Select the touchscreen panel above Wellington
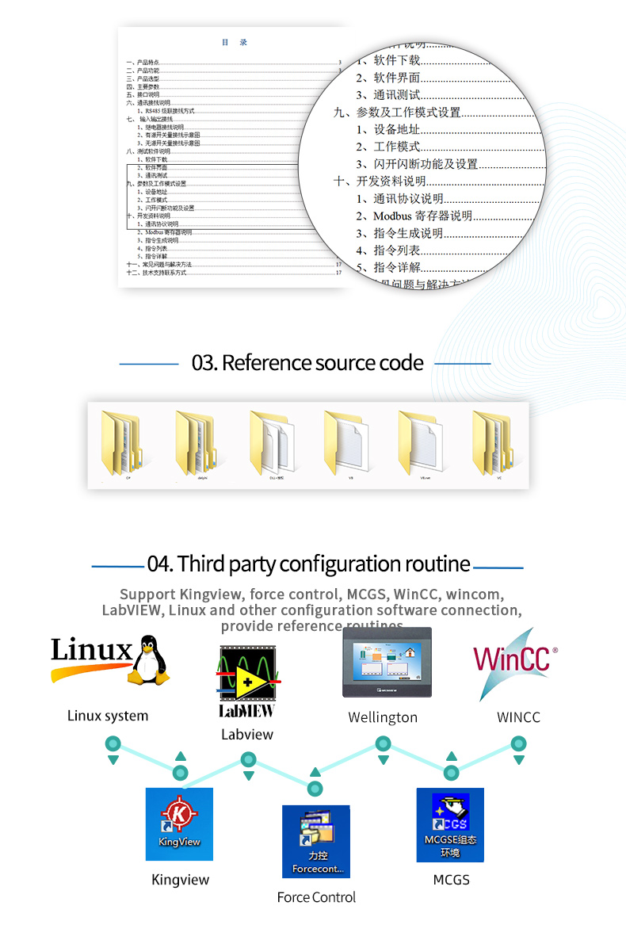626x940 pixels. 387,663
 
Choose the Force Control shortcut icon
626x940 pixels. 315,841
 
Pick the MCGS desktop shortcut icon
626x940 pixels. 450,824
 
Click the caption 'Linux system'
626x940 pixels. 108,716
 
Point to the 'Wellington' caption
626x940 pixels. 383,717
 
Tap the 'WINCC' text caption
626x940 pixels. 518,717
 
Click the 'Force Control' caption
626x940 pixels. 316,897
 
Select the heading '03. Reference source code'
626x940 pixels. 307,363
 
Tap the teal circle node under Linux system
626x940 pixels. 113,744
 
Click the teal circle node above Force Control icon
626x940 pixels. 315,789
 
